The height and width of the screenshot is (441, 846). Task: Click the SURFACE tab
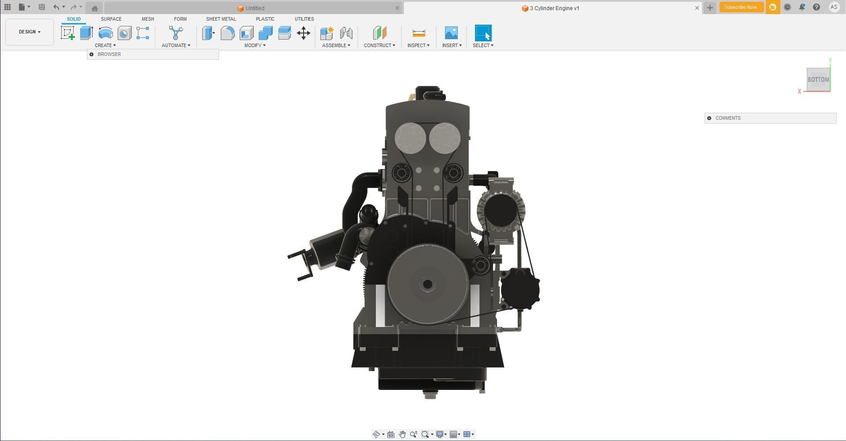[111, 19]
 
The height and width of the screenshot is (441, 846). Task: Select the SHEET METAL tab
[221, 19]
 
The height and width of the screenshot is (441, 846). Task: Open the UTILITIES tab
[304, 19]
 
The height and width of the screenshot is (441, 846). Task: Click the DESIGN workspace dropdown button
[30, 32]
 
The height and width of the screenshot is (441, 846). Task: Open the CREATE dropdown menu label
[105, 45]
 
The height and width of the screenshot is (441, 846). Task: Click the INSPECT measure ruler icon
[419, 33]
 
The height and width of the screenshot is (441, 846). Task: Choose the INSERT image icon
[451, 33]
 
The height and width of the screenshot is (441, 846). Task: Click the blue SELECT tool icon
[483, 33]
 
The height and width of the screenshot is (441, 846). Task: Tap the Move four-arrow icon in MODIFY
[304, 33]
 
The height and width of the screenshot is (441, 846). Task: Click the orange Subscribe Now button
[740, 7]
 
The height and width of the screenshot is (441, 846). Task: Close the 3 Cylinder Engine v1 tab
[697, 8]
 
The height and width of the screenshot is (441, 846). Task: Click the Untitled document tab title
[255, 8]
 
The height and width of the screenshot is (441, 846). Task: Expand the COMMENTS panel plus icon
[709, 118]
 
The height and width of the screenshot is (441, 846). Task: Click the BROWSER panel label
[109, 54]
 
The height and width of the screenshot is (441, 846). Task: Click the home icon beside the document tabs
[94, 8]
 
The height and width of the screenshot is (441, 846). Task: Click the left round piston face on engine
[410, 138]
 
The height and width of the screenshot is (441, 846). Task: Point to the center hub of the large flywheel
[427, 284]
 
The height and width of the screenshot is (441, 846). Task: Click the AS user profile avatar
[834, 7]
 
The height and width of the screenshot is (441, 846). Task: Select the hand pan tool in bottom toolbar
[402, 434]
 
